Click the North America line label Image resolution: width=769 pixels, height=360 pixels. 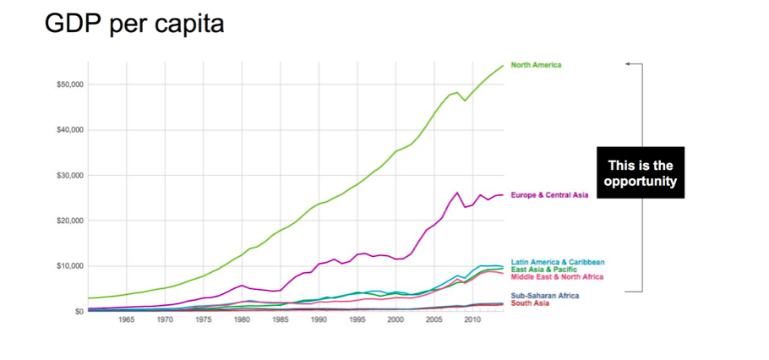coord(536,65)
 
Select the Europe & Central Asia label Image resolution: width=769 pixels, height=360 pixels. coord(549,195)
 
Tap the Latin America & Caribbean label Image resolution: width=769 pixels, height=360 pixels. coord(558,262)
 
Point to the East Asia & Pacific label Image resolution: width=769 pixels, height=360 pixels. coord(544,270)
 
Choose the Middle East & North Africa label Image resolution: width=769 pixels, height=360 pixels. coord(557,277)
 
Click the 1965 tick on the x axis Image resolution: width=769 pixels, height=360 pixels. coord(127,319)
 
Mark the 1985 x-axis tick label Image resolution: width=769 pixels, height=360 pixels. coord(281,319)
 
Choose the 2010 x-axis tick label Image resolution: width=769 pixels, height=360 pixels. coord(472,319)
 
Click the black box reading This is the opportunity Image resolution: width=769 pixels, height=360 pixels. coord(641,173)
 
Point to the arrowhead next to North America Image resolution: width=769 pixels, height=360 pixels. coord(628,64)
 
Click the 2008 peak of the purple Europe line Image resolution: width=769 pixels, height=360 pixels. coord(457,193)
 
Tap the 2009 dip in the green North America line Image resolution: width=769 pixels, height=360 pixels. coord(465,101)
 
